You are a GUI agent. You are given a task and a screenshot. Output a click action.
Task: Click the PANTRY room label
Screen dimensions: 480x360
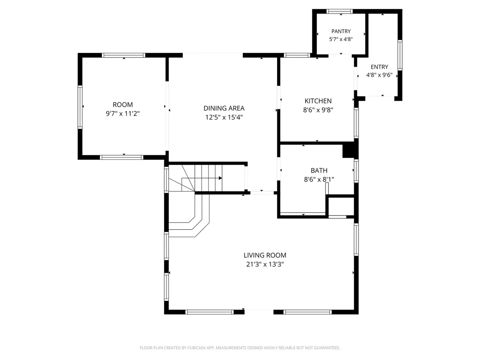click(341, 31)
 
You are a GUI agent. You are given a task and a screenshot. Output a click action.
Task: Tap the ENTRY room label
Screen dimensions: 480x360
click(379, 67)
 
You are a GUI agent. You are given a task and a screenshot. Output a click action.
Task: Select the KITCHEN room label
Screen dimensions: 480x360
click(318, 101)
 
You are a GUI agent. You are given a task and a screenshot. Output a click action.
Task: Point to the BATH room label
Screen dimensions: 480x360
click(319, 171)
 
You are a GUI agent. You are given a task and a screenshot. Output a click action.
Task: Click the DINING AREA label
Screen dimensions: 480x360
click(224, 108)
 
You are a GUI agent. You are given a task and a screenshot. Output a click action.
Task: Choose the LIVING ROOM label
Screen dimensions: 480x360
click(265, 255)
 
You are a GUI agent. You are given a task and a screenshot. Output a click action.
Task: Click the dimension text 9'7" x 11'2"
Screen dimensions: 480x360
click(123, 113)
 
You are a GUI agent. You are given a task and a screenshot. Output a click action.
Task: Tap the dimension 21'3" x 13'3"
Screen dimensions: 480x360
click(265, 264)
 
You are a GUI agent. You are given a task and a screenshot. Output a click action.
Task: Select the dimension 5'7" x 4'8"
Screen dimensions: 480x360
click(341, 39)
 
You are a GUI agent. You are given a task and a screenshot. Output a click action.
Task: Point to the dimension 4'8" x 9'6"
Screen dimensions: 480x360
click(379, 75)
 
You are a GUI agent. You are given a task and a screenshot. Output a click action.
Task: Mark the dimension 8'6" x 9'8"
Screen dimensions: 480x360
click(318, 110)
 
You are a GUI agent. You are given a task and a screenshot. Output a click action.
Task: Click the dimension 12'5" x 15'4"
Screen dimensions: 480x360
click(224, 117)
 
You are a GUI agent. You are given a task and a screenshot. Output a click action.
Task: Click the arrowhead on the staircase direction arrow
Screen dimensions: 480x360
click(220, 178)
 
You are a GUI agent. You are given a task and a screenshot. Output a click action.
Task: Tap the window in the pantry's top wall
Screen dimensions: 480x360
click(339, 12)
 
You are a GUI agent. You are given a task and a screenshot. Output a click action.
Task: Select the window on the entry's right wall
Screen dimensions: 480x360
click(400, 55)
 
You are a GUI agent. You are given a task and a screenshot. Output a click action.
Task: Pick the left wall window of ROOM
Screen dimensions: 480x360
click(80, 106)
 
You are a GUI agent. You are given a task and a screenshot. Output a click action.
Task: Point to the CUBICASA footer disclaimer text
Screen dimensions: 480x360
click(240, 348)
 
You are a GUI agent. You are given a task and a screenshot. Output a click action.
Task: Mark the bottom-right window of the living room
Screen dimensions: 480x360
click(307, 312)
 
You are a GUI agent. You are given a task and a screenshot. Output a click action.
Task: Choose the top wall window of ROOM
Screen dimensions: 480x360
click(123, 55)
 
